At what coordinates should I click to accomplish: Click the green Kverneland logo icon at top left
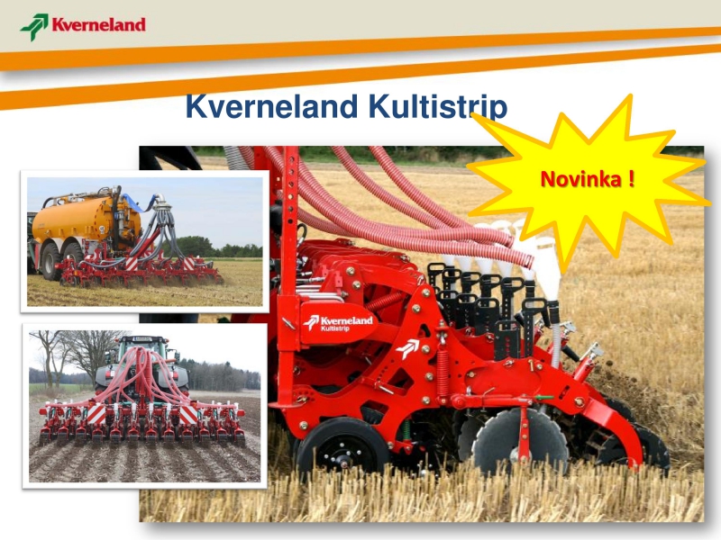point(34,27)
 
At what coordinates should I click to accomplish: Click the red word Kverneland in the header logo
point(98,24)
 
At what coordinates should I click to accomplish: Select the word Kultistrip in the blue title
point(438,107)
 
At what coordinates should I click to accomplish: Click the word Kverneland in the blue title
point(271,106)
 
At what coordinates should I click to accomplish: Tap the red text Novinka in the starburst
point(580,178)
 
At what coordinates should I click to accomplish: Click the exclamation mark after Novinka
point(631,178)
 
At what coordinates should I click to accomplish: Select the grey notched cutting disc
point(520,442)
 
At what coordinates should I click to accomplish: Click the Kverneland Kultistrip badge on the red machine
point(338,323)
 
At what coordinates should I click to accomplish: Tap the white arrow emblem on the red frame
point(407,348)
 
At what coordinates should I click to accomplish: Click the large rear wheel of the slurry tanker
point(53,261)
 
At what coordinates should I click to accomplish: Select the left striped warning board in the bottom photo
point(96,414)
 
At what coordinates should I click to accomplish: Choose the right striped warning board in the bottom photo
point(188,415)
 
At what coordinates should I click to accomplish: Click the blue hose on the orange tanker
point(132,204)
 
